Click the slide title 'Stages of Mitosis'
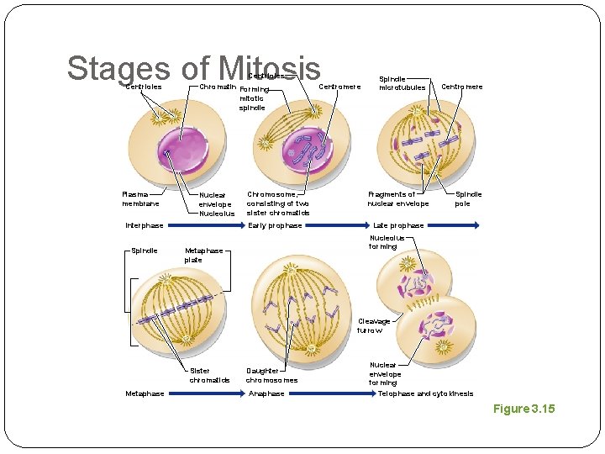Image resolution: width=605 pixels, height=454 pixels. (193, 69)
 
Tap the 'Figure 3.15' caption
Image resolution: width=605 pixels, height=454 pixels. (523, 409)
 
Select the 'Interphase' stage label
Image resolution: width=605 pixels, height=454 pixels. (145, 225)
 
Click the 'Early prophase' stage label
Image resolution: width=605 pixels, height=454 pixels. (275, 225)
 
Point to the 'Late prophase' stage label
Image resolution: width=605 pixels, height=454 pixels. (398, 225)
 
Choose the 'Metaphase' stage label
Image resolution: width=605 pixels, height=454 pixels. (145, 393)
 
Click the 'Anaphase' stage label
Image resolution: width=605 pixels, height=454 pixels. (266, 393)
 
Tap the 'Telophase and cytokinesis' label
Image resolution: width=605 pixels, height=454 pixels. (425, 393)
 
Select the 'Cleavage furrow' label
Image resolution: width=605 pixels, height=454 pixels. (374, 325)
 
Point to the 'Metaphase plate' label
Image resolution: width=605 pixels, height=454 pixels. (203, 255)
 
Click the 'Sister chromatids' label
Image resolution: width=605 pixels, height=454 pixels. (209, 375)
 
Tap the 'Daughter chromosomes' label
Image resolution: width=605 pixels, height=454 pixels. (271, 375)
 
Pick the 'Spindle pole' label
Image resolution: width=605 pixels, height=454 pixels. (468, 198)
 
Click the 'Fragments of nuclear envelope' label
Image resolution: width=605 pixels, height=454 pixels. (397, 198)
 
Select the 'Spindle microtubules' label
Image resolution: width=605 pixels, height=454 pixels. (402, 82)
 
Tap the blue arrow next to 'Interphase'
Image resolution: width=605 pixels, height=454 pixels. (205, 225)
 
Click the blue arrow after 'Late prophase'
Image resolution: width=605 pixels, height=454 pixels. (454, 225)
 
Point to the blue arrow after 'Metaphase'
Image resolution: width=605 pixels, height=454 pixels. (206, 393)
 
